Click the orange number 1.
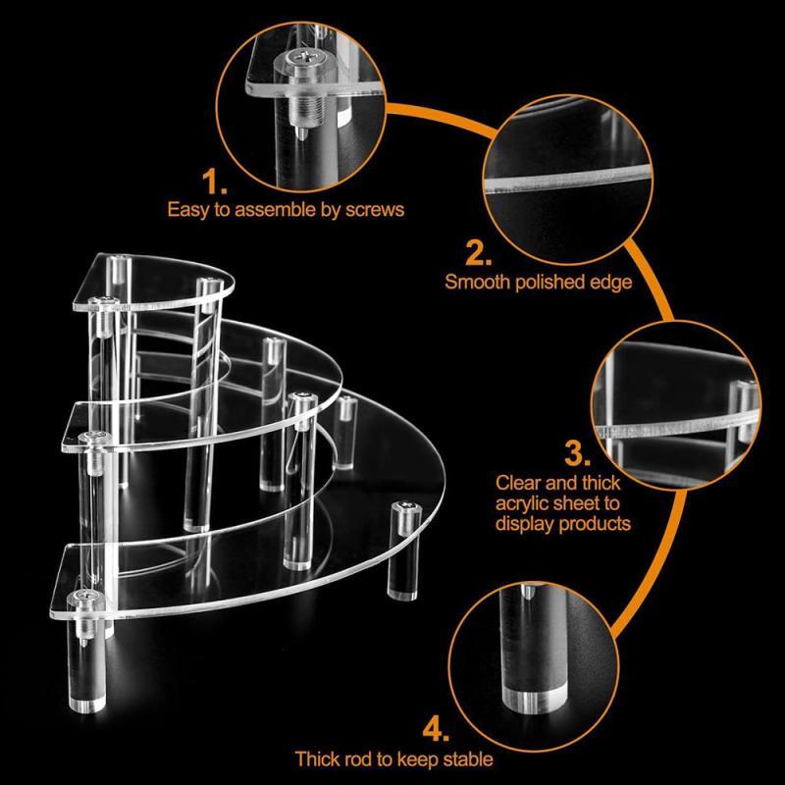point(214,182)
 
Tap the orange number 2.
point(478,253)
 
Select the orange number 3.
point(577,453)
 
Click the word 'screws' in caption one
point(375,210)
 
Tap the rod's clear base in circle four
point(535,700)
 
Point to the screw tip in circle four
point(529,592)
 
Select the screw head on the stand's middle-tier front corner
point(95,438)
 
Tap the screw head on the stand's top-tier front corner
point(104,300)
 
